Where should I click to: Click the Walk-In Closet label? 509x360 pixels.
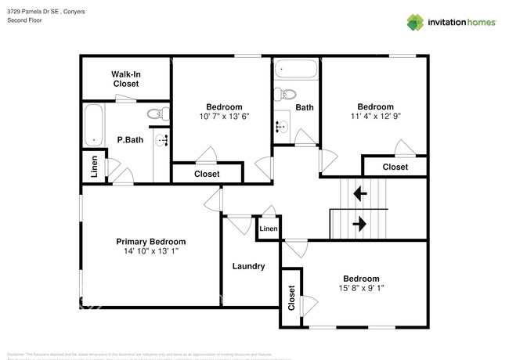coord(125,78)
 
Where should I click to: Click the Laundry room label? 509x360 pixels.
coord(248,266)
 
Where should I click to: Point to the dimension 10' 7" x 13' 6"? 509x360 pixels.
coord(224,117)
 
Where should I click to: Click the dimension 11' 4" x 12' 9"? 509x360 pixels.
coord(376,117)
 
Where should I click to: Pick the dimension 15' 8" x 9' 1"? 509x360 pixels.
coord(361,289)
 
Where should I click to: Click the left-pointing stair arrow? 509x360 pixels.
coord(360,192)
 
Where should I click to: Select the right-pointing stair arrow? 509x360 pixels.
coord(360,225)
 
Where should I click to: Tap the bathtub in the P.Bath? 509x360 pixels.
coord(95,126)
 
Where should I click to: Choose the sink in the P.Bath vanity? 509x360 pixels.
coord(162,140)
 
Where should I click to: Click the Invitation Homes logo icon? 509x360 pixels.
coord(416,22)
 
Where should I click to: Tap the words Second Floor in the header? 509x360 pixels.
coord(26,20)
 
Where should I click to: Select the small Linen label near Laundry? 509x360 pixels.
coord(269,229)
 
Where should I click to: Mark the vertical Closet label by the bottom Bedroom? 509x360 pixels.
coord(291,298)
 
